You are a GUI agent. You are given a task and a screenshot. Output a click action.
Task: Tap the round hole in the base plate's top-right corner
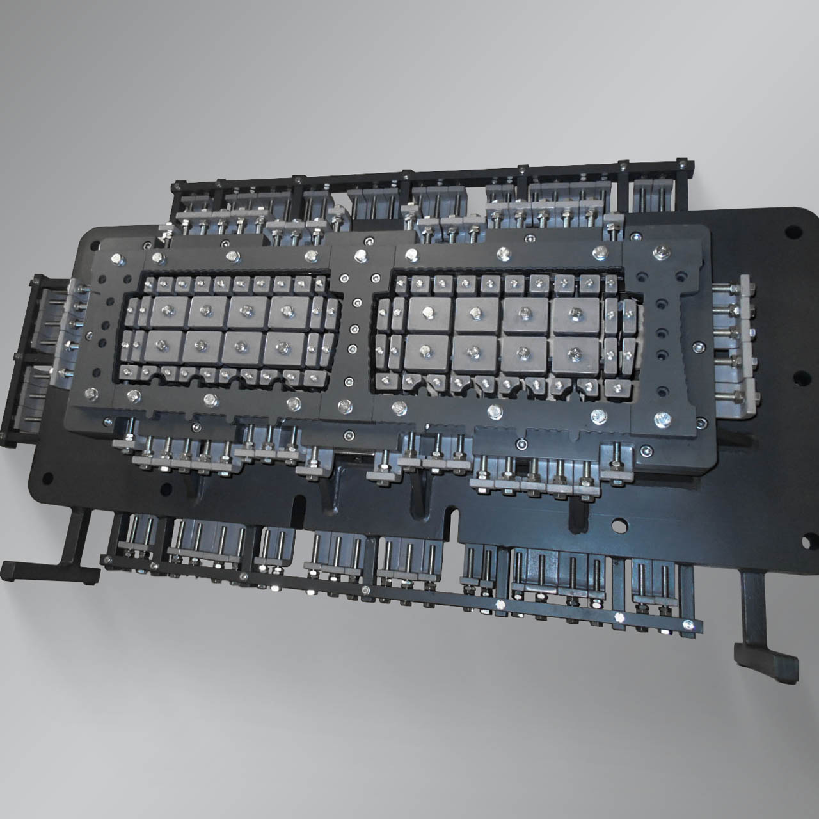(x=791, y=230)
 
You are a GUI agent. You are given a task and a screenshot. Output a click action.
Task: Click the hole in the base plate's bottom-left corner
(x=47, y=476)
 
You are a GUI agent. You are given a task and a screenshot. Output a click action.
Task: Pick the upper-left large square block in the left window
(x=168, y=311)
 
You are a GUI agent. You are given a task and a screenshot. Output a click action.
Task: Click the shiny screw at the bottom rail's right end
(x=688, y=625)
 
